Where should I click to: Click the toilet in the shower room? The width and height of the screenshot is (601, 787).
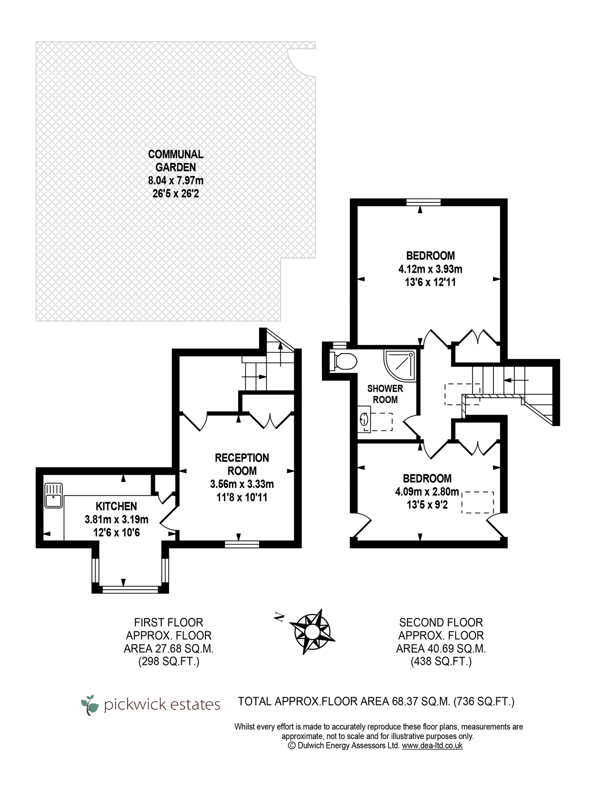[x=343, y=361]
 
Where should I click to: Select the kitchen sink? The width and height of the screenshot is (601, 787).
[x=53, y=496]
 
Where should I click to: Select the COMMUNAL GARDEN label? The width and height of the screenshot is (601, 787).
[x=176, y=161]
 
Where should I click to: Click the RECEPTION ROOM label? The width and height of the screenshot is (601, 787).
[x=242, y=464]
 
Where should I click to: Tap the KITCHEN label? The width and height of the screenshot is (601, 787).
[x=116, y=506]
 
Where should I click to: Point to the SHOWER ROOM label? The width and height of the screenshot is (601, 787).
[x=385, y=394]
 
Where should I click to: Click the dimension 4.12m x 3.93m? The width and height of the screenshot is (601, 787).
[x=430, y=269]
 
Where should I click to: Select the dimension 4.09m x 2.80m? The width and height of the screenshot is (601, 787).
[x=427, y=491]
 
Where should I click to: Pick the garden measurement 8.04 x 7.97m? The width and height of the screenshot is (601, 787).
[x=176, y=180]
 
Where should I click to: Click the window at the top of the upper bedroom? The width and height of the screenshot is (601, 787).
[x=424, y=202]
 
